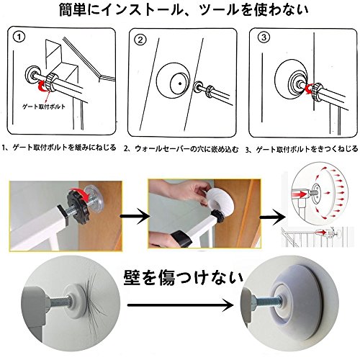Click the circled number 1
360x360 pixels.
[x=19, y=37]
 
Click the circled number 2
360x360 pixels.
[x=140, y=40]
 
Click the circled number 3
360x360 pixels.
[x=264, y=37]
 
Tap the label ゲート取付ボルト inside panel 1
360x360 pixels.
[x=44, y=107]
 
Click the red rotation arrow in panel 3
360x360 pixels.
[x=310, y=89]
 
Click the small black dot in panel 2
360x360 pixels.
[x=179, y=84]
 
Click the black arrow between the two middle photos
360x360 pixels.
[x=135, y=217]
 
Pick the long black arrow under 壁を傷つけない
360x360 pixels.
[x=181, y=305]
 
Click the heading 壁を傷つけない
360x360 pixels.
[x=184, y=278]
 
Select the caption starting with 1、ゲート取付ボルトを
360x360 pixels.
[x=59, y=148]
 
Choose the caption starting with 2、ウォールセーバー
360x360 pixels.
[x=181, y=149]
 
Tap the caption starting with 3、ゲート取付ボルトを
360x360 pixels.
[x=302, y=149]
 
